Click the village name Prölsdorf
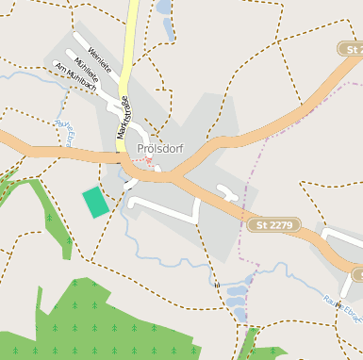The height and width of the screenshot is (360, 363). tap(159, 148)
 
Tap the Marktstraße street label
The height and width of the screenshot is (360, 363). tap(123, 118)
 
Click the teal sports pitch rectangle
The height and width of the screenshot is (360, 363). tap(95, 202)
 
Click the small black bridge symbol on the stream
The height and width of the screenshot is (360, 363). tap(216, 284)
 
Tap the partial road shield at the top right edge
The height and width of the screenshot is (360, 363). tap(352, 48)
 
